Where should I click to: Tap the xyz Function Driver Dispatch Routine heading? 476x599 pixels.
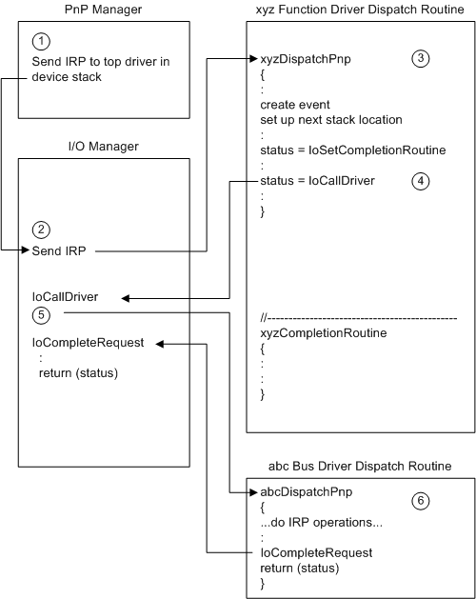click(360, 10)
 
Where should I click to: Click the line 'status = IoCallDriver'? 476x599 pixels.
click(317, 180)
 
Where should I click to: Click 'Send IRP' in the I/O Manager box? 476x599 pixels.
click(59, 251)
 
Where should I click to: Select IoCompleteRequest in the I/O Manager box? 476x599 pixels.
click(88, 342)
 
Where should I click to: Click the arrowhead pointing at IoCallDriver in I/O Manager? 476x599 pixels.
click(127, 297)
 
